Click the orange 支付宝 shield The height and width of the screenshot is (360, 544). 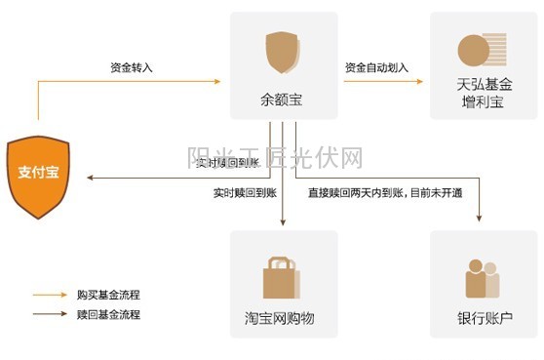[39, 177]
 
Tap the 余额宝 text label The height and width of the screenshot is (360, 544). [283, 98]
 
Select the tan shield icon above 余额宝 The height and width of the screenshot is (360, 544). [283, 53]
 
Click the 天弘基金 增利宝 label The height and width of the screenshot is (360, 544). [484, 94]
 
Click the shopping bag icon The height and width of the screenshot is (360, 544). [282, 276]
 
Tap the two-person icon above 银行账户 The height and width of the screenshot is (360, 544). [483, 278]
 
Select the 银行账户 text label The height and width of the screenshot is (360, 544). [484, 319]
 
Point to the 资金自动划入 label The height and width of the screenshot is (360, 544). [376, 68]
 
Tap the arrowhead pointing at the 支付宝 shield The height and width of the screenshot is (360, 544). [90, 178]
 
